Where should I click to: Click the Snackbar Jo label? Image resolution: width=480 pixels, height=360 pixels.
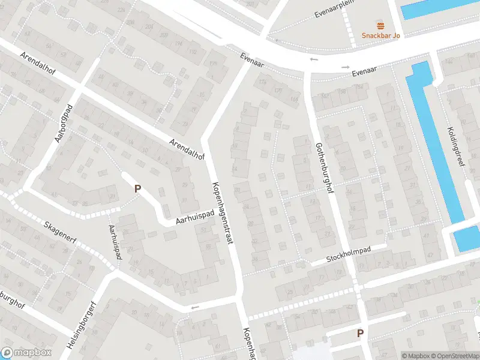380,35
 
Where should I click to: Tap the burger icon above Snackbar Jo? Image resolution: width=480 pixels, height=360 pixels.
380,25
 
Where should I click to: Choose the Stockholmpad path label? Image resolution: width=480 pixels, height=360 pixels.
349,254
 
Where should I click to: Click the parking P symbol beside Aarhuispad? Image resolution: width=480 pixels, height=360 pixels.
137,188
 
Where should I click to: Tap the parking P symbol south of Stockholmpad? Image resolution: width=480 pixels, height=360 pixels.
360,333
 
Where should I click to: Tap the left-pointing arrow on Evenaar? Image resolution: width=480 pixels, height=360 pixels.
314,59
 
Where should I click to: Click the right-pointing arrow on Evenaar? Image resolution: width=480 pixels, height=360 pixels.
346,67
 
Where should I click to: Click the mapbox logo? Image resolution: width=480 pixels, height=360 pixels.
26,353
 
